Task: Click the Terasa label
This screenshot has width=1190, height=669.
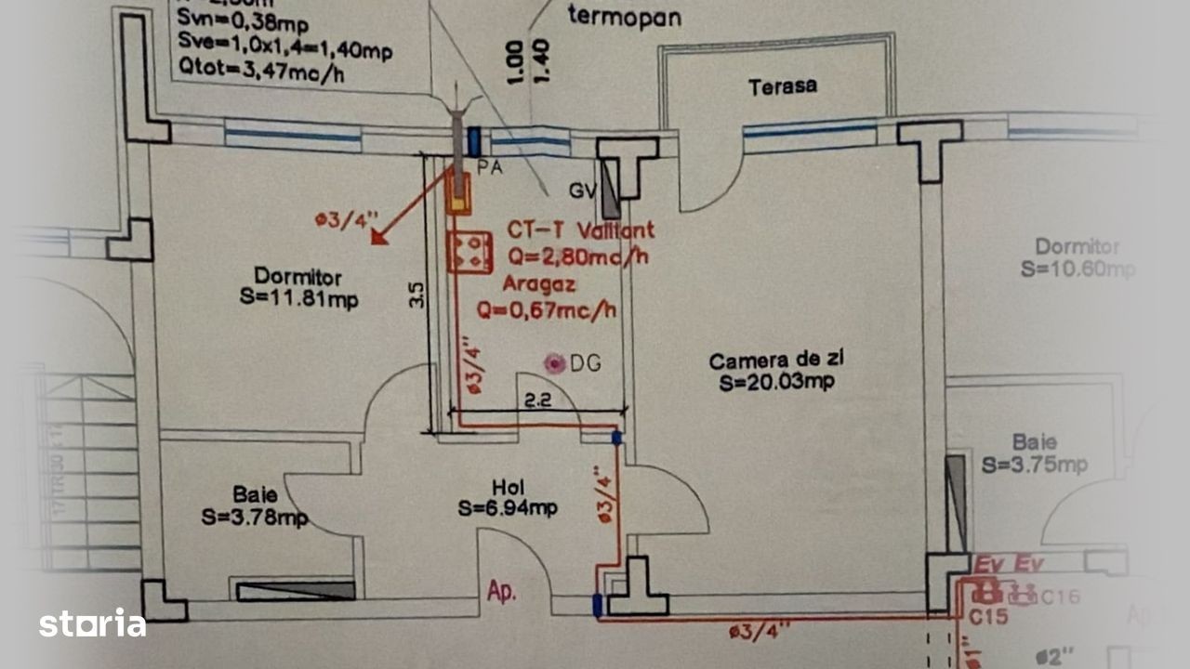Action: tap(783, 86)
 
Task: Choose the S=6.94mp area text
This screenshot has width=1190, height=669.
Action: tap(508, 508)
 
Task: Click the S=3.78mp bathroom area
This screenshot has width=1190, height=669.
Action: tap(254, 517)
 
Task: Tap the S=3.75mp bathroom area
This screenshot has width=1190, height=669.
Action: tap(1035, 465)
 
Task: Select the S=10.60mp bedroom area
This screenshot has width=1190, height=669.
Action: tap(1078, 269)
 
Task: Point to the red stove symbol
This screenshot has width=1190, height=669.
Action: tap(469, 252)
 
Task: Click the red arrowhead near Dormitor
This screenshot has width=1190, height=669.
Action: tap(378, 236)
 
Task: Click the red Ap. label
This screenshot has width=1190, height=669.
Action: tap(501, 592)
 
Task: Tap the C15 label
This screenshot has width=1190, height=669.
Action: tap(988, 615)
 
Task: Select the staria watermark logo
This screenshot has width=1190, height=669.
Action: tap(92, 623)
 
